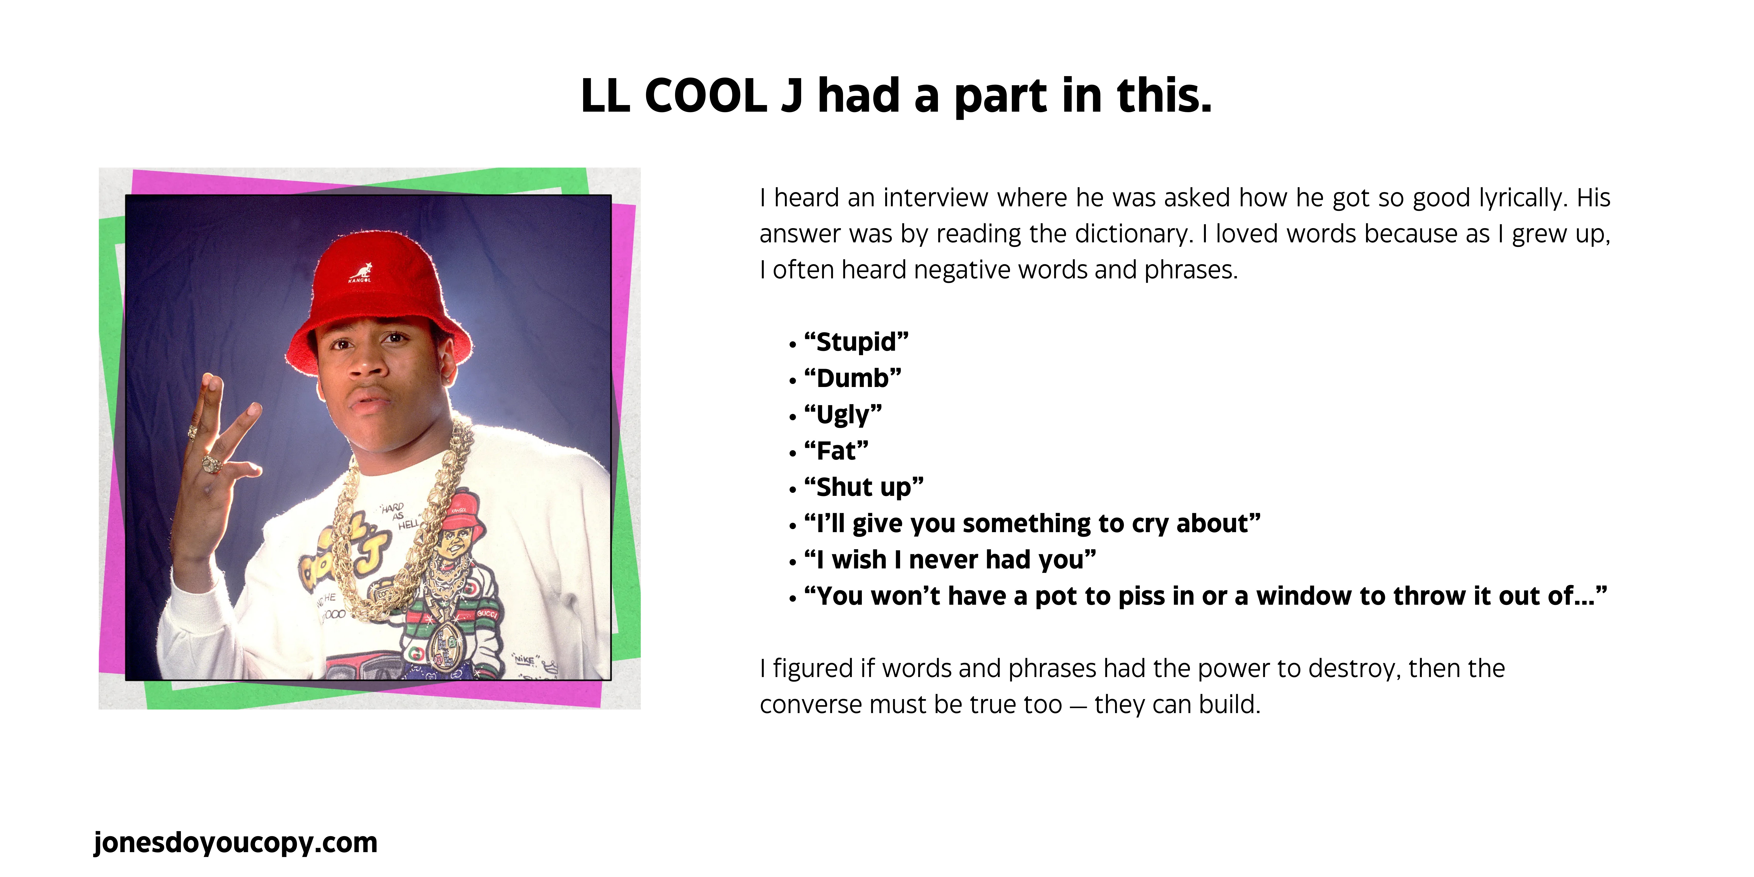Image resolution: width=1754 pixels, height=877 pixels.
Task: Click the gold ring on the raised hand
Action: [211, 464]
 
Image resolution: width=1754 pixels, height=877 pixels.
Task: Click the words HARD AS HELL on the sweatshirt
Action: [402, 515]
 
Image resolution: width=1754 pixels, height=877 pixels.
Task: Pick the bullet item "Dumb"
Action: [852, 378]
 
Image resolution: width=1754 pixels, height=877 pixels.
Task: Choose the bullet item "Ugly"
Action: [843, 415]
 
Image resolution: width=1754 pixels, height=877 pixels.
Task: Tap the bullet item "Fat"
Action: [836, 451]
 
